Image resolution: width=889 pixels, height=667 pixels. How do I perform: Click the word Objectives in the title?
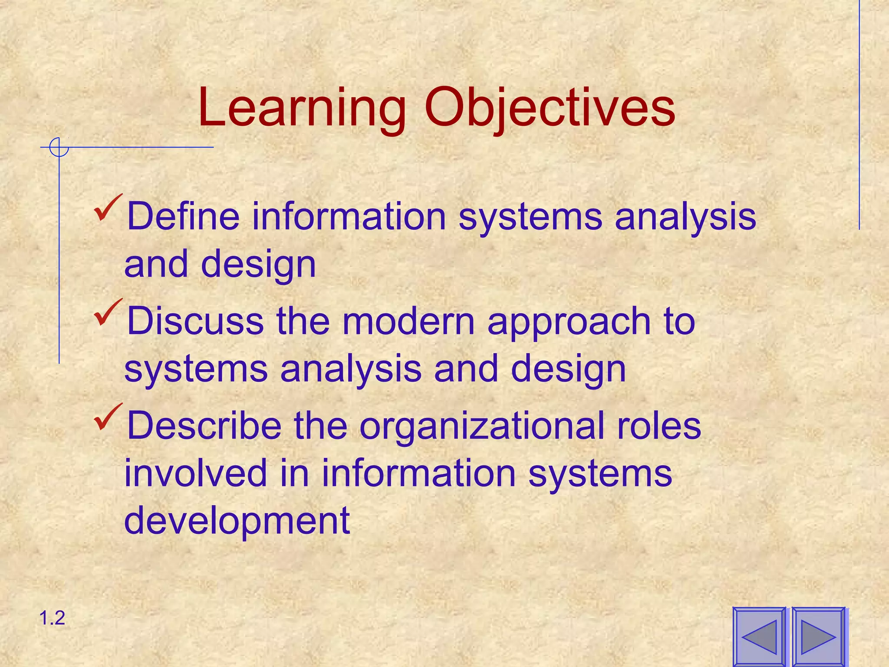pos(550,109)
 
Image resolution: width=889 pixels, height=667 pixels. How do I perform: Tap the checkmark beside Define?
pos(109,208)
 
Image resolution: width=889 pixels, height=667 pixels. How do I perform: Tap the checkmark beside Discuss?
pos(109,313)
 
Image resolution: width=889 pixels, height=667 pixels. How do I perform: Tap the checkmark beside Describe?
pos(109,417)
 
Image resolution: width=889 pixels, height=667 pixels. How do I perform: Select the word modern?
pos(408,321)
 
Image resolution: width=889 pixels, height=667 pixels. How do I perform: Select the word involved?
pos(195,473)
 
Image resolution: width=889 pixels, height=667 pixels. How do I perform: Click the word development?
pos(237,521)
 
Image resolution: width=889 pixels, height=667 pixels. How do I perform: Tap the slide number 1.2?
pos(52,618)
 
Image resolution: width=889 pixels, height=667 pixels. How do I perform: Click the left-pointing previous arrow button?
pos(759,637)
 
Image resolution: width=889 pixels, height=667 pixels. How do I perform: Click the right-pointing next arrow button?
pos(818,637)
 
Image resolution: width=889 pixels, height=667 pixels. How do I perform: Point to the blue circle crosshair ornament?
pos(59,147)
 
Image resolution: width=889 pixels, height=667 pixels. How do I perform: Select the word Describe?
pos(204,426)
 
